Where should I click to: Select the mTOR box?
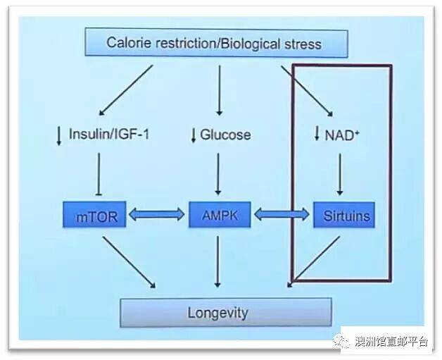(96, 216)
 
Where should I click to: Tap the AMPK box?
(219, 216)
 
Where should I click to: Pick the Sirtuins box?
(343, 216)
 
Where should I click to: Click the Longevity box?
(225, 311)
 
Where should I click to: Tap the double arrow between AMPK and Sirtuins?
(282, 216)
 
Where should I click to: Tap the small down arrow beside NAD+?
(317, 134)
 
